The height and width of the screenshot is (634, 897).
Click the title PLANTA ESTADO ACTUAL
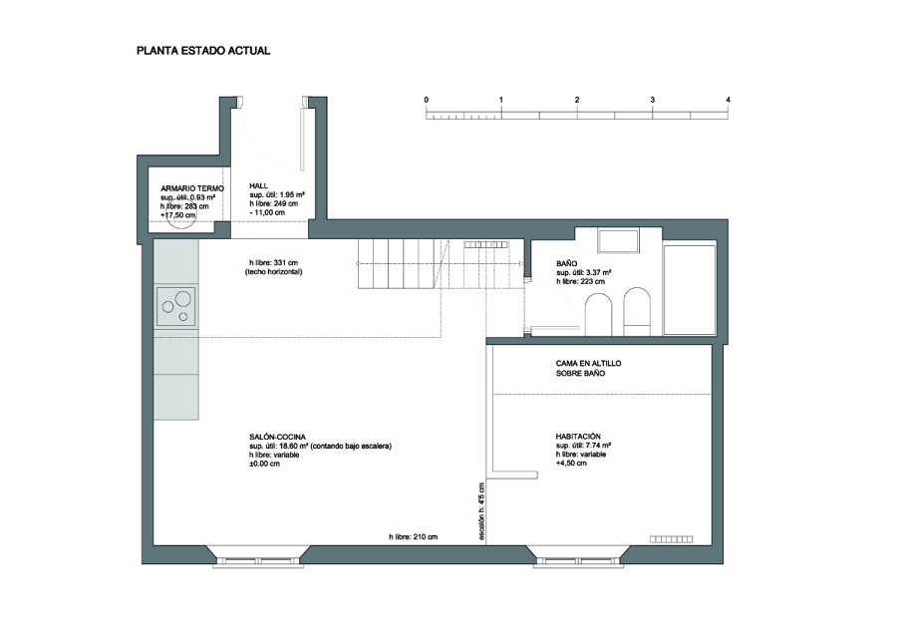point(203,51)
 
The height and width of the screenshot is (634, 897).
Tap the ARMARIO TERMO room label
point(192,188)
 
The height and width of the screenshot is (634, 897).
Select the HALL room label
point(258,186)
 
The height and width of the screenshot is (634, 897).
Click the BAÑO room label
point(567,264)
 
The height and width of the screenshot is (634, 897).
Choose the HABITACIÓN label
point(578,437)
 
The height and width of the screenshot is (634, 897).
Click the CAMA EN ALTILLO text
point(589,363)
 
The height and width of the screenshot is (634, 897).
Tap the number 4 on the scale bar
point(729,100)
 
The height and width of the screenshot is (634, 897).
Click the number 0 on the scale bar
point(427,100)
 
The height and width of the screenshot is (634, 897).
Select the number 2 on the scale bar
point(577,100)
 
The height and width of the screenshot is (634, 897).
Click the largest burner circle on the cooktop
point(183,298)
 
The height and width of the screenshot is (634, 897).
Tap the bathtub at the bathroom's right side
point(690,290)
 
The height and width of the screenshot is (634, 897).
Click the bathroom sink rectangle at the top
point(618,241)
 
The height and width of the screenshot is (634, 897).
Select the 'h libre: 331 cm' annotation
point(273,263)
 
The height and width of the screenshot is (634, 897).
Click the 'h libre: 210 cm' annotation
point(413,536)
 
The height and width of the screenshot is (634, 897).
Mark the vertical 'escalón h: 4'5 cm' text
point(481,511)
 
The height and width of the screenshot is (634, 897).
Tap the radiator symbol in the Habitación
point(671,539)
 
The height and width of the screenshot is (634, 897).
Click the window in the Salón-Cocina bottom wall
point(257,561)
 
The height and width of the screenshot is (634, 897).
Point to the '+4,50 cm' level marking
point(571,463)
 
